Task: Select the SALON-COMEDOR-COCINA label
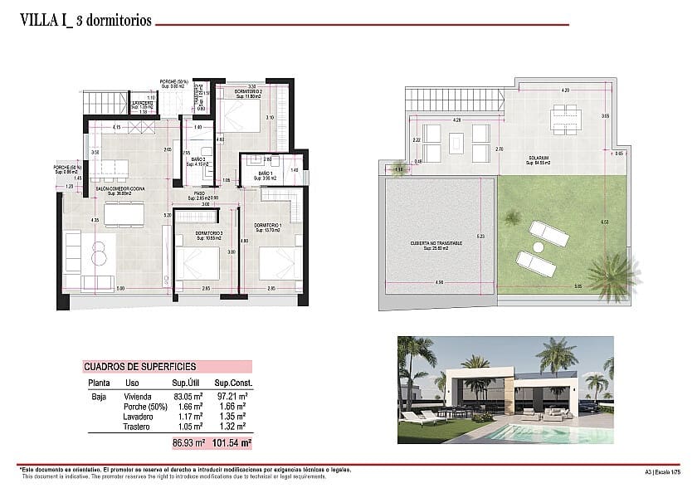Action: [119, 190]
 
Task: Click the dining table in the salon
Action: [123, 215]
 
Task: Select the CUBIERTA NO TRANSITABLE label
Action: [436, 244]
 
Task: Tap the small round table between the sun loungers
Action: [538, 247]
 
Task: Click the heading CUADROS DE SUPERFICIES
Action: [139, 365]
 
